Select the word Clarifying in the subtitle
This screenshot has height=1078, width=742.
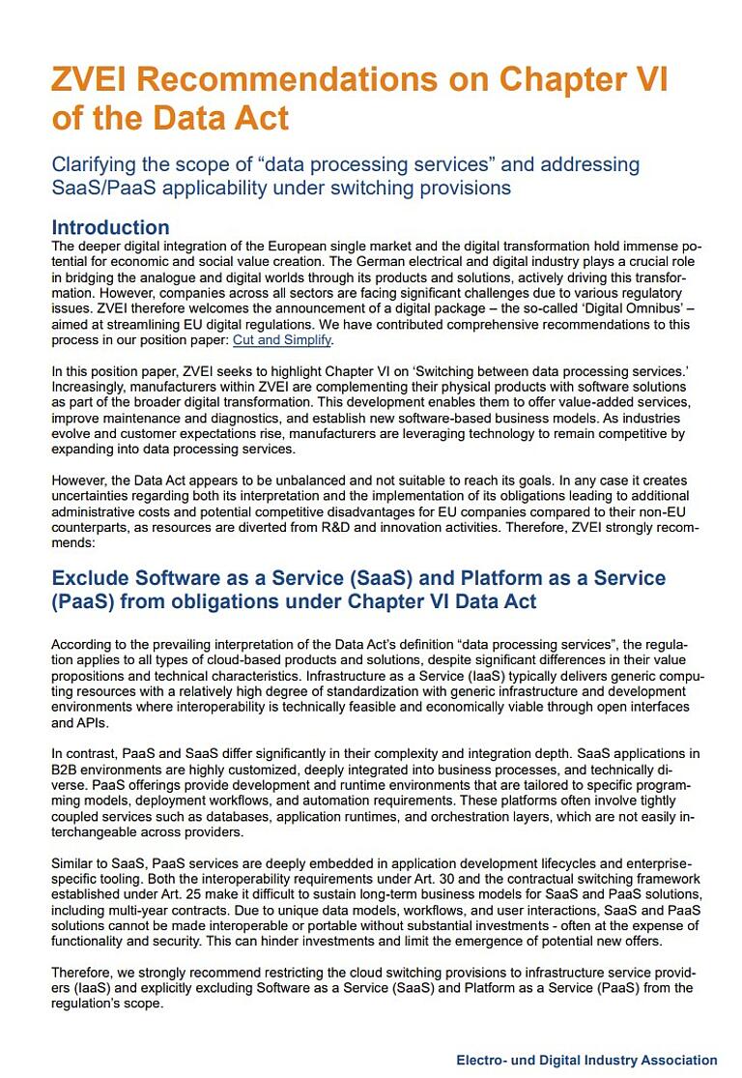(x=94, y=163)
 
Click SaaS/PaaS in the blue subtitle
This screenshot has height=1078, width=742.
(x=98, y=187)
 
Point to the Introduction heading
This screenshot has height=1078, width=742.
(x=110, y=228)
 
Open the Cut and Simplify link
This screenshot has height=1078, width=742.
(x=282, y=340)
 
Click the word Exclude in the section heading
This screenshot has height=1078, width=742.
(x=96, y=578)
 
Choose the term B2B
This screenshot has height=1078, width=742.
(x=68, y=770)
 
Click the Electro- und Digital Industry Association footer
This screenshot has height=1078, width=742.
(x=586, y=1060)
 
